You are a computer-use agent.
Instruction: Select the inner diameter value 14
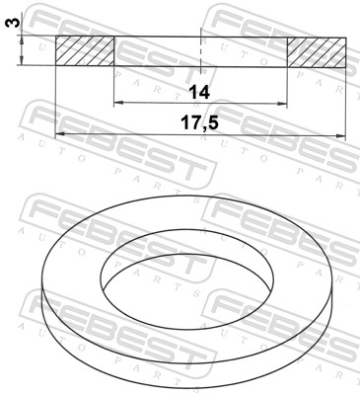click(199, 92)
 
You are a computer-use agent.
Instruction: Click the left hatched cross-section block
click(85, 51)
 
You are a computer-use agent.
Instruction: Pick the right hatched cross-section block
click(317, 51)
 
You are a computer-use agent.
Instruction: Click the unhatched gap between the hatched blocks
click(158, 51)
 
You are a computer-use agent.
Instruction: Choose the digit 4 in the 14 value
click(205, 92)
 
